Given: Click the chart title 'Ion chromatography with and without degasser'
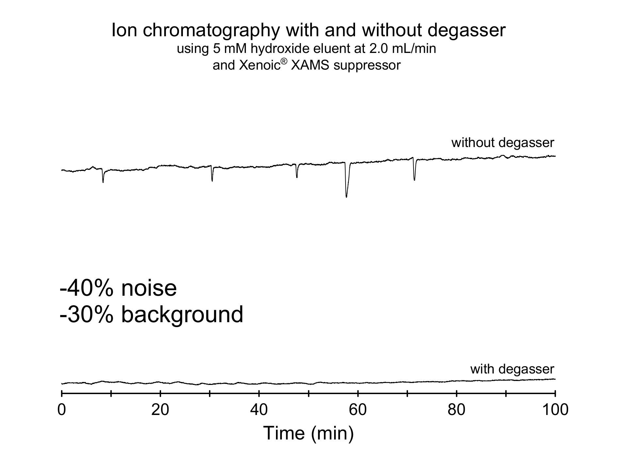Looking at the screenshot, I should point(308,30).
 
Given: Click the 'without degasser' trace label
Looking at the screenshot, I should point(502,143).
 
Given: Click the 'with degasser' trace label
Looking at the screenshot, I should point(512,369).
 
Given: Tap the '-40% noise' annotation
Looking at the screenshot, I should point(118,289).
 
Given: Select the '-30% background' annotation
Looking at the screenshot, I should point(152,315).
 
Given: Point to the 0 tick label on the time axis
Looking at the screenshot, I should point(61,410).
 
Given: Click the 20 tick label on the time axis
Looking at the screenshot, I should point(160,410).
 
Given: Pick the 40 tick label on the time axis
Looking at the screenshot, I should point(259,410).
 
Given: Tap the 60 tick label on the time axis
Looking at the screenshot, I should point(358,410).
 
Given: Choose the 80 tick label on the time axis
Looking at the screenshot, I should point(457,410).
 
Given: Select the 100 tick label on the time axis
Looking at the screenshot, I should point(555,410).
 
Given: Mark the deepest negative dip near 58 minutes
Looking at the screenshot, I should point(346,196).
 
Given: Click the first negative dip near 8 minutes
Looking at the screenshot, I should point(103,181).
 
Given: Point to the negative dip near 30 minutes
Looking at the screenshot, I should point(212,180).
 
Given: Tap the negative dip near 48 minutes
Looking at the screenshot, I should point(297,177).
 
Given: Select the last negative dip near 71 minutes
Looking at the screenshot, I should point(414,179).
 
